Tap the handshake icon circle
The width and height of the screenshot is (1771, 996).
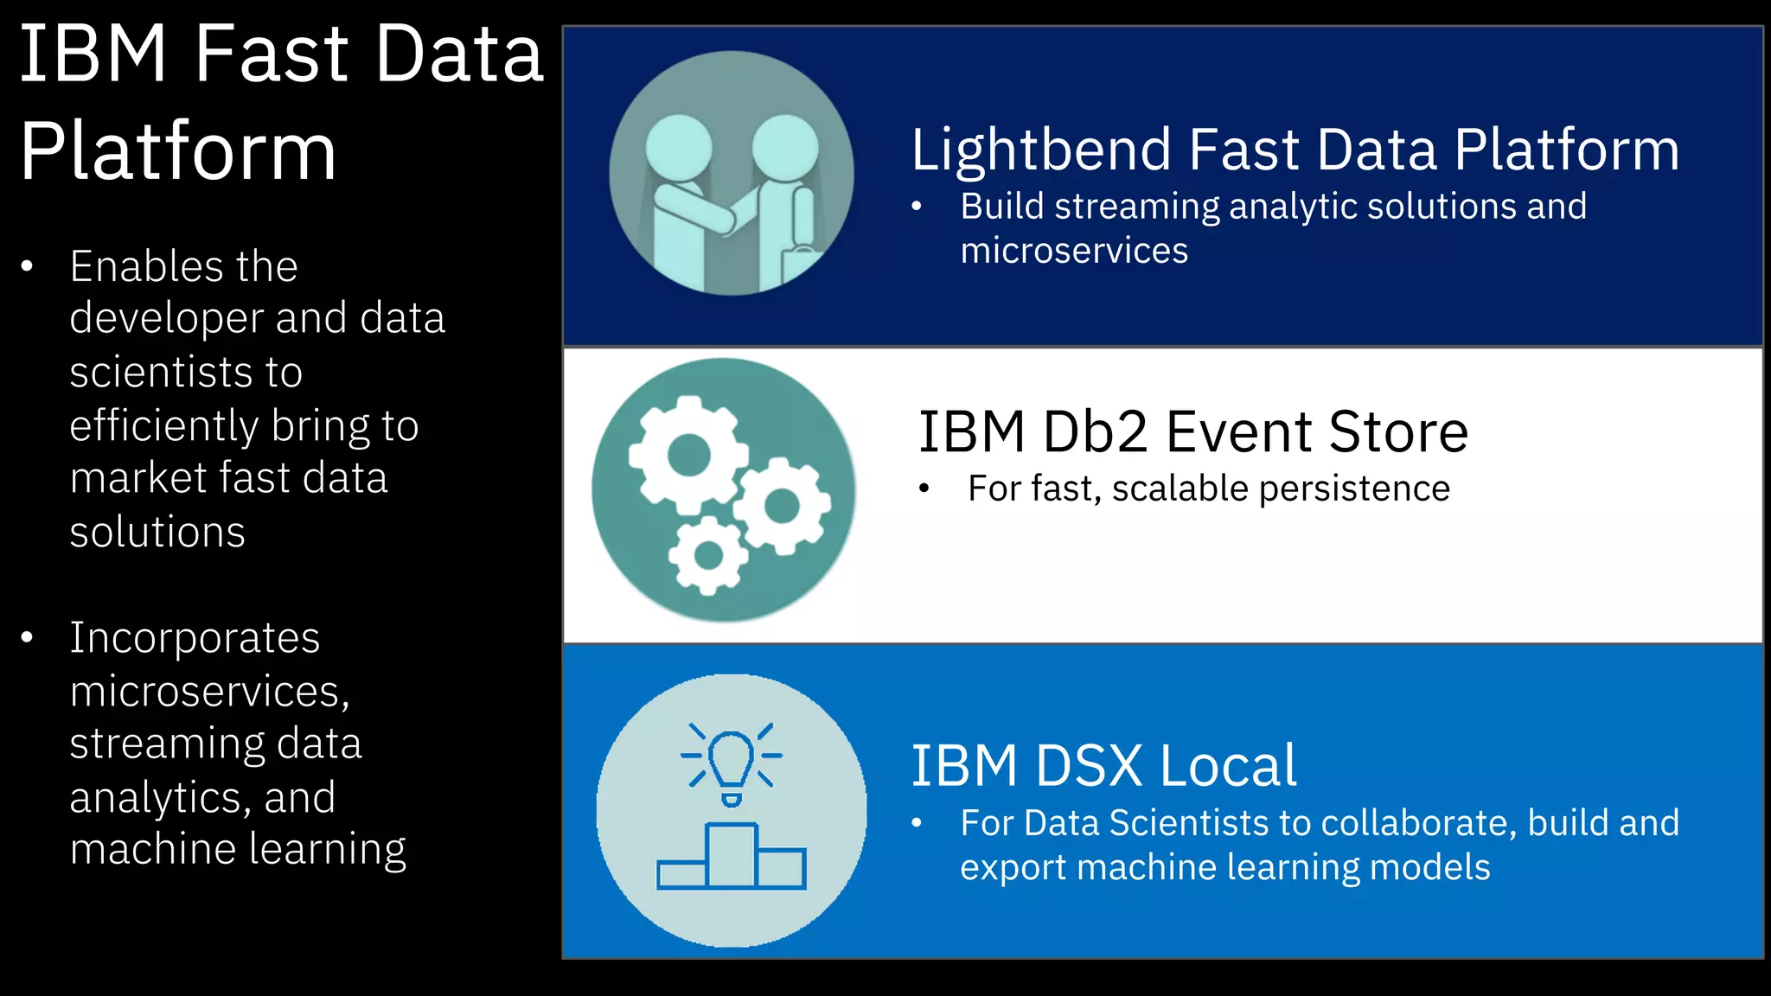(x=732, y=174)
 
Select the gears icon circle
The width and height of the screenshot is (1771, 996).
(x=724, y=490)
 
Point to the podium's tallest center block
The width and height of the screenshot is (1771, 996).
(x=732, y=856)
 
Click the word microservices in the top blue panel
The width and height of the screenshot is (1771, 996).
(x=1074, y=251)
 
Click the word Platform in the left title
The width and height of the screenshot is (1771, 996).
(x=178, y=152)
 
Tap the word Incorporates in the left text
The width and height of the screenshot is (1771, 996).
(x=195, y=638)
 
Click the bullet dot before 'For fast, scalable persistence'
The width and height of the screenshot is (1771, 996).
(x=924, y=489)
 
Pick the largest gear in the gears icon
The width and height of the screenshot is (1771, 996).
(x=688, y=455)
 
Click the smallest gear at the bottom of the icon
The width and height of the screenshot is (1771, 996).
(x=708, y=555)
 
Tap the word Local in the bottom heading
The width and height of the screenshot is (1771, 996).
(x=1228, y=766)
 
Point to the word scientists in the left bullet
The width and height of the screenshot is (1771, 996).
(x=186, y=373)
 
